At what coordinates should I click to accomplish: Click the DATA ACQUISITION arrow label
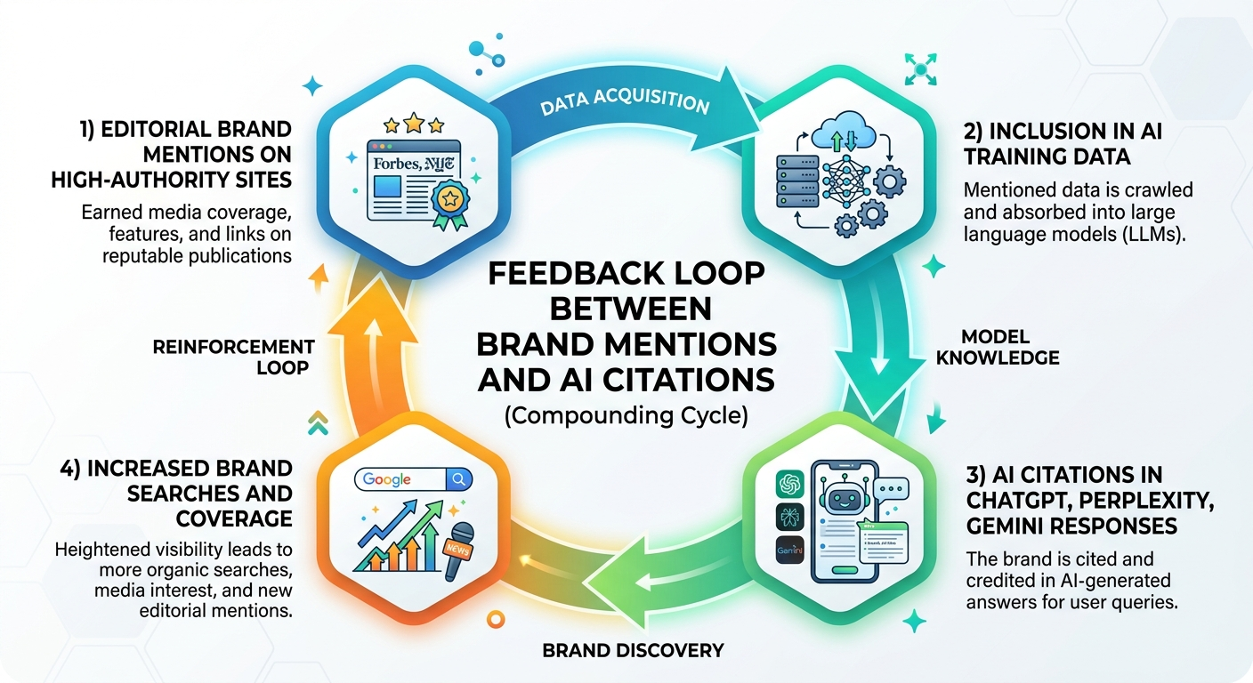click(x=623, y=100)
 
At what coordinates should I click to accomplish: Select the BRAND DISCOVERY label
click(x=634, y=650)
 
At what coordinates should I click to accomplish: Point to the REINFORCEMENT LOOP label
click(x=233, y=356)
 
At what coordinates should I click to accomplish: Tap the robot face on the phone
click(x=838, y=498)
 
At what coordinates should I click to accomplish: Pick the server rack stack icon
click(x=790, y=185)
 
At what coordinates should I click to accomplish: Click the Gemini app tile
click(x=789, y=550)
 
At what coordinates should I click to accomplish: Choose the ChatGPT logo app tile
click(x=789, y=485)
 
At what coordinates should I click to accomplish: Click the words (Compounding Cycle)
click(x=626, y=416)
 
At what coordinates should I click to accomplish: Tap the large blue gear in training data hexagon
click(x=889, y=182)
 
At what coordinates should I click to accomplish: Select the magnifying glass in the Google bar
click(x=459, y=479)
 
